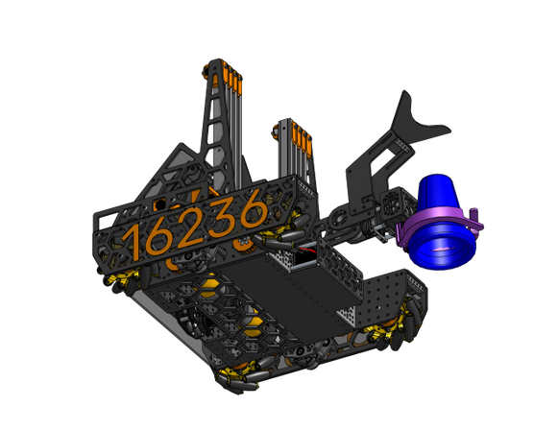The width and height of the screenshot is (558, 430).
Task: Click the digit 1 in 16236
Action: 134,242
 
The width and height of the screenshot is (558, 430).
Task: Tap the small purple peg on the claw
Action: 474,214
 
